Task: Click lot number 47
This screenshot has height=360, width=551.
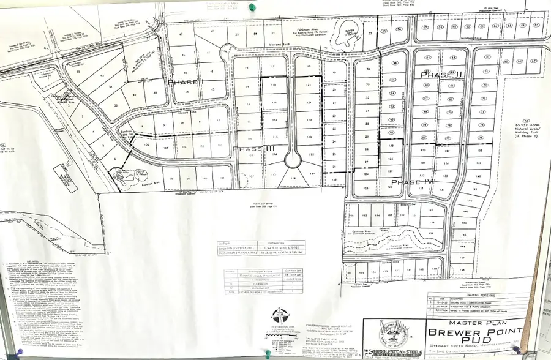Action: point(181,36)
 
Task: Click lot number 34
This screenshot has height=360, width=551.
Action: point(369,69)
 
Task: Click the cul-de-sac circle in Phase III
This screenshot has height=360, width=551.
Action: point(293,160)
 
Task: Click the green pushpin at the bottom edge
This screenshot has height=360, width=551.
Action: point(268,353)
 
